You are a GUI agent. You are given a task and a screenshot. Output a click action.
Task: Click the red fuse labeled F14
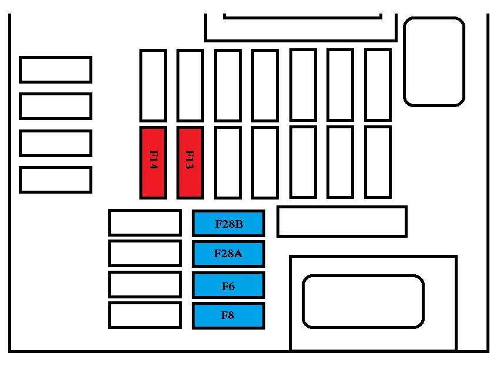153,162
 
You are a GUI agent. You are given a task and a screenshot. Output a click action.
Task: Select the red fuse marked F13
190,162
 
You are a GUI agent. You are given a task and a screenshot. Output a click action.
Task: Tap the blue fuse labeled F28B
228,224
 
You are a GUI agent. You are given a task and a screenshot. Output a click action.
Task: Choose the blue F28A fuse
228,254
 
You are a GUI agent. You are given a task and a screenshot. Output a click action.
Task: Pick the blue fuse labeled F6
228,285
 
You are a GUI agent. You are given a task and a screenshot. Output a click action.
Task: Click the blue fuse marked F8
228,315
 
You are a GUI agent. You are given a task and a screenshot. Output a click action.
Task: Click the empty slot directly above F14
153,85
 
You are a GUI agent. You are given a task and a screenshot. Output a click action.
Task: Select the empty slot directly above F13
190,85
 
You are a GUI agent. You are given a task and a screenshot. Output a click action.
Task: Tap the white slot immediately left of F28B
145,223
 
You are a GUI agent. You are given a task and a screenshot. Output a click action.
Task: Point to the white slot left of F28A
145,254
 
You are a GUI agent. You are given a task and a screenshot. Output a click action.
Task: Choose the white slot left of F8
145,315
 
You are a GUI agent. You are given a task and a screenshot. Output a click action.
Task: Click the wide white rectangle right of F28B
342,221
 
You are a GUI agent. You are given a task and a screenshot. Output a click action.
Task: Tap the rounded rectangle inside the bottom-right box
363,301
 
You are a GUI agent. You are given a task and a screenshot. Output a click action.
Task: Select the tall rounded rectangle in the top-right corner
434,61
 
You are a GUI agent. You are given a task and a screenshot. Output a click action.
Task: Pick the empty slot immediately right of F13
228,162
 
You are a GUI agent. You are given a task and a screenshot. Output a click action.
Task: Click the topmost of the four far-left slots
55,69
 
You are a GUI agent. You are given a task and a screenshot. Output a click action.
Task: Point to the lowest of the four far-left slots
55,179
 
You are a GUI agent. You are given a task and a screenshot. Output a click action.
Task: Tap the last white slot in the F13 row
378,162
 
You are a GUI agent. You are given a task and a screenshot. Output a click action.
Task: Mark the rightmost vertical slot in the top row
378,85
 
